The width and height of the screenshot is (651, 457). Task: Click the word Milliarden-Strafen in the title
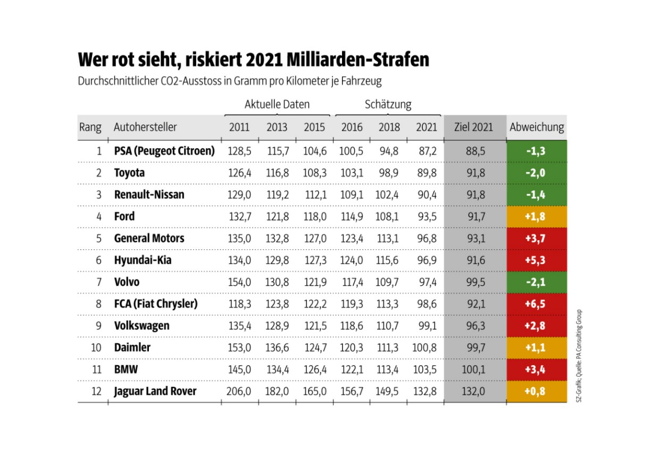(357, 60)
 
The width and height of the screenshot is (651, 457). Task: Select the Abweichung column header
(536, 128)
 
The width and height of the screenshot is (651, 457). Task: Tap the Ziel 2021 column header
(474, 128)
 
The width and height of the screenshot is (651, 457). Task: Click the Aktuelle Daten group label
(277, 104)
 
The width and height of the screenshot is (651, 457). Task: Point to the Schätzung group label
(388, 104)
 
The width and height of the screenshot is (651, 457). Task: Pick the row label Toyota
(129, 173)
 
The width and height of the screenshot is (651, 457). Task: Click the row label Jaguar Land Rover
(155, 391)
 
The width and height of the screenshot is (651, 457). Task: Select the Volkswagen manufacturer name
(141, 326)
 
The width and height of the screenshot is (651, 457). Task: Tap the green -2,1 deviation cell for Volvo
(536, 282)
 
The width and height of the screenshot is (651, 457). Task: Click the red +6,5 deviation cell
(536, 304)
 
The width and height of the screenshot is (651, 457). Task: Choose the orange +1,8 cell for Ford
(536, 217)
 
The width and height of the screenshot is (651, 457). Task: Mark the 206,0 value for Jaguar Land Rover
(239, 392)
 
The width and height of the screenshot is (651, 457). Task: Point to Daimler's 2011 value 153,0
(239, 348)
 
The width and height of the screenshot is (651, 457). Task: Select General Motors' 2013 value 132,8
(277, 239)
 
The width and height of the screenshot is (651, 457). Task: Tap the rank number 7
(98, 282)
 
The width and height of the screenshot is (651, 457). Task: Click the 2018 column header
(389, 128)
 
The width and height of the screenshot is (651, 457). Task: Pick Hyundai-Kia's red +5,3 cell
(536, 260)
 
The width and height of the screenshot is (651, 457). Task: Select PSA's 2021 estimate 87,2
(426, 151)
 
